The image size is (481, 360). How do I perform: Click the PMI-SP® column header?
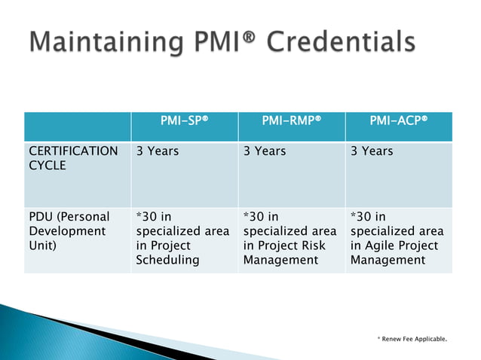184,121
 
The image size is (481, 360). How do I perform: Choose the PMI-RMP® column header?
292,121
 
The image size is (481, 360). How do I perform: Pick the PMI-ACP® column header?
399,121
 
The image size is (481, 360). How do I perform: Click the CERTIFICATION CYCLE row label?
73,158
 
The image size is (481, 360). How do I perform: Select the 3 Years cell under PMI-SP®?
157,151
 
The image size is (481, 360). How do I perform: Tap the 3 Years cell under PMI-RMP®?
265,151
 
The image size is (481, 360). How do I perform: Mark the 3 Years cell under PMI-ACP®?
372,151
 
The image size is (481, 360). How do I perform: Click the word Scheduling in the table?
167,261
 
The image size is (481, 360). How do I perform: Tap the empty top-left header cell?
76,126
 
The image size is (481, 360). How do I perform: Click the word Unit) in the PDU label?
42,246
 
